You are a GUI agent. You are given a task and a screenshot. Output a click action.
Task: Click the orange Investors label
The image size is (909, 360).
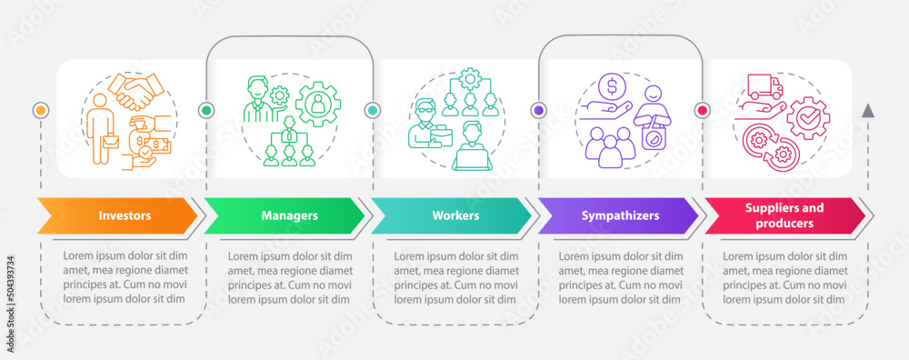[x=125, y=216]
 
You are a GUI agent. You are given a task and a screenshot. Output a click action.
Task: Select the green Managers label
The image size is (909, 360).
[x=289, y=216]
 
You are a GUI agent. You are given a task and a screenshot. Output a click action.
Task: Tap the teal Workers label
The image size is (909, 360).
[x=456, y=216]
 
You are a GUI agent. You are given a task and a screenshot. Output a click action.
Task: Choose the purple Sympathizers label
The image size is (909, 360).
[x=622, y=216]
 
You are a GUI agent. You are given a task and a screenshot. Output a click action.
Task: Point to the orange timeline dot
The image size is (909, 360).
[x=39, y=110]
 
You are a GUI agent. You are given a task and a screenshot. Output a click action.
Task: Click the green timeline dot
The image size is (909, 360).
[x=206, y=110]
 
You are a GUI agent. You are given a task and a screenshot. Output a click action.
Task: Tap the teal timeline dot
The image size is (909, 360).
[x=372, y=110]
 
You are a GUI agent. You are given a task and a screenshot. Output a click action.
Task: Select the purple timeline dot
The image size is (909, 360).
[x=538, y=110]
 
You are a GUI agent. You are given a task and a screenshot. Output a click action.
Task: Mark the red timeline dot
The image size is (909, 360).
[x=702, y=110]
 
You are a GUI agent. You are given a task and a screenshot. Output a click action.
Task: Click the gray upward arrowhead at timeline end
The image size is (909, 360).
[x=868, y=111]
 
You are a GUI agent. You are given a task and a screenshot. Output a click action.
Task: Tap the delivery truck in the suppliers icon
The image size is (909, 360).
[x=764, y=87]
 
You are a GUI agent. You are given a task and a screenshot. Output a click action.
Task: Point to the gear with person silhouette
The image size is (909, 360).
[x=318, y=104]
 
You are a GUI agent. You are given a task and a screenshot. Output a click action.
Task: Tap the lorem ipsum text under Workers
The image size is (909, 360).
[x=456, y=277]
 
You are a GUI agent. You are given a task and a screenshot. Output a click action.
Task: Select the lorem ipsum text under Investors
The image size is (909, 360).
[x=125, y=277]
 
